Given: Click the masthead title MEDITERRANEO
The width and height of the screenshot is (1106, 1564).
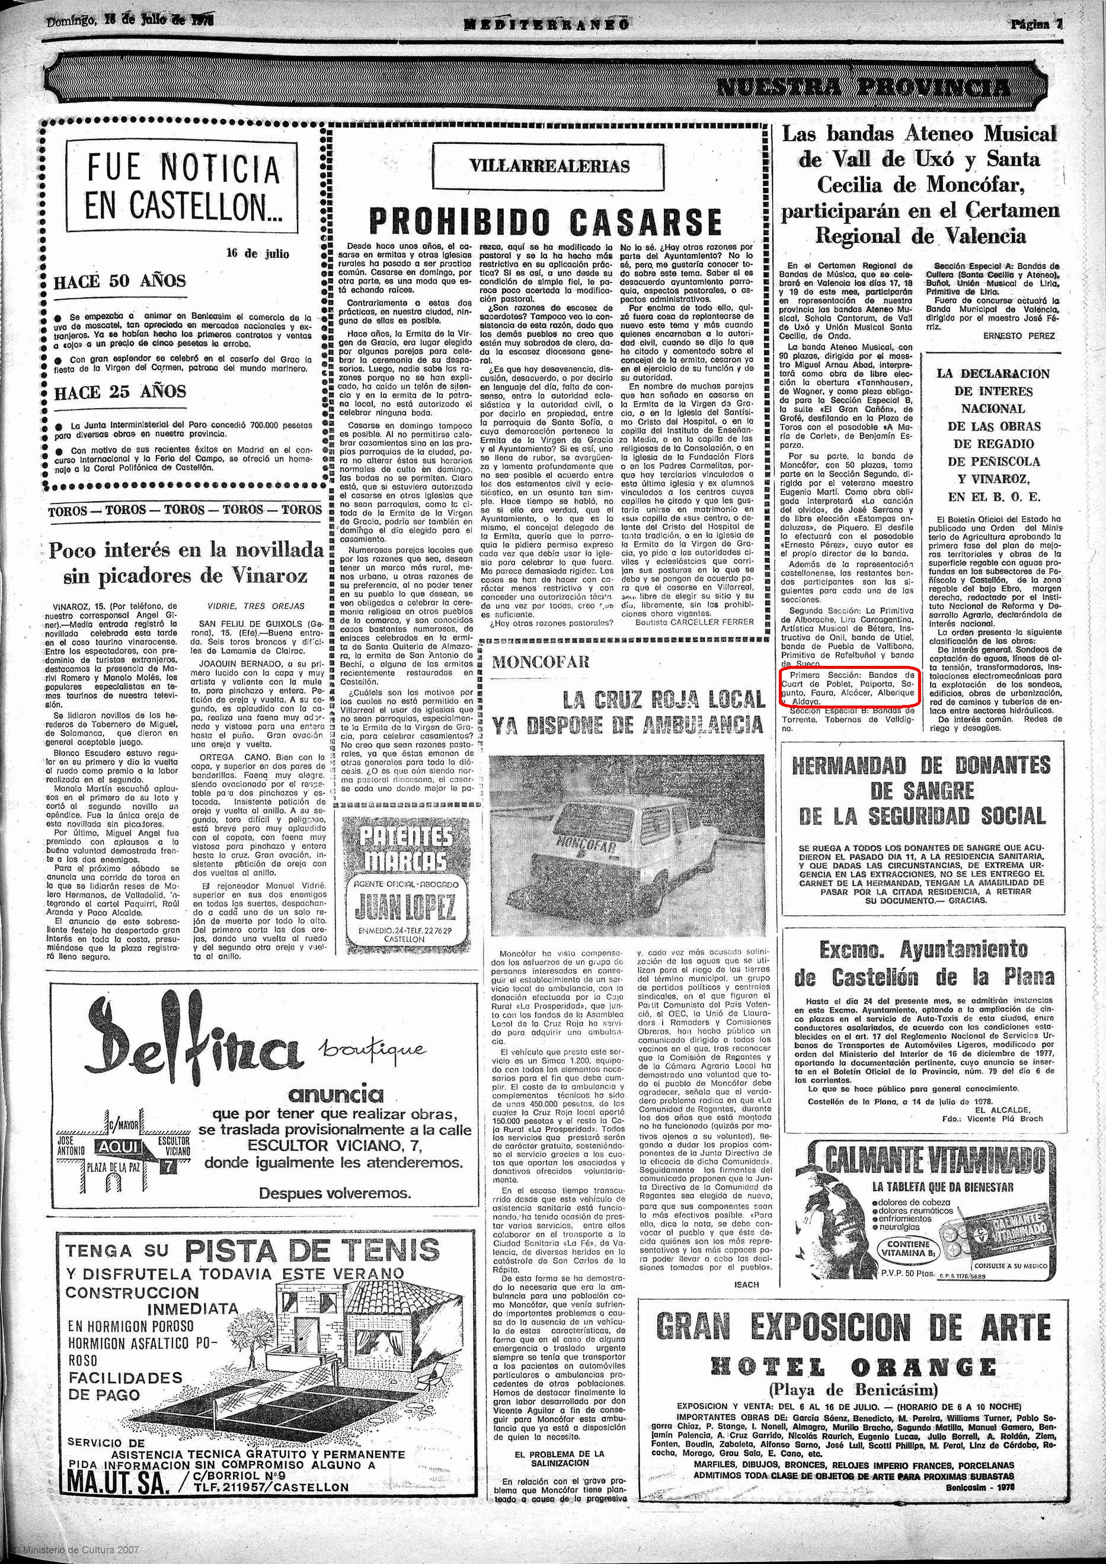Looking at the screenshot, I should [546, 24].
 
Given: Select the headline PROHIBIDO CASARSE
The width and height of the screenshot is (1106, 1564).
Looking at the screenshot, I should [545, 222].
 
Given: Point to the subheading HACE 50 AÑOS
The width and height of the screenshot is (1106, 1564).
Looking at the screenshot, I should [120, 281].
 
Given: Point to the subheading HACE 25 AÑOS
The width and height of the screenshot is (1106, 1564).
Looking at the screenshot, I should [120, 392].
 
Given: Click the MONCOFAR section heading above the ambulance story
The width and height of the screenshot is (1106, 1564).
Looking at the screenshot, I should [541, 661].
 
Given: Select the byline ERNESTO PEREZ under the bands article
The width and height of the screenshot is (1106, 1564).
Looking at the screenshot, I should [1019, 336].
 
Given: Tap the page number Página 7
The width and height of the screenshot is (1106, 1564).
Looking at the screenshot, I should [1037, 24].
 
